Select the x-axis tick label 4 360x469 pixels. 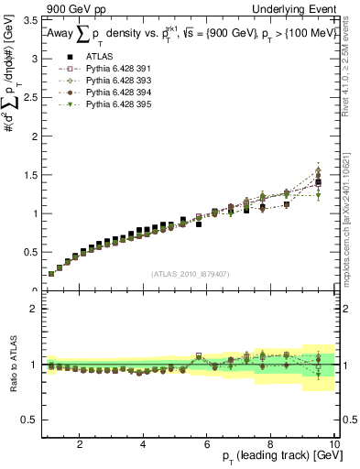[x=143, y=444]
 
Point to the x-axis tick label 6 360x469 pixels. [x=207, y=444]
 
